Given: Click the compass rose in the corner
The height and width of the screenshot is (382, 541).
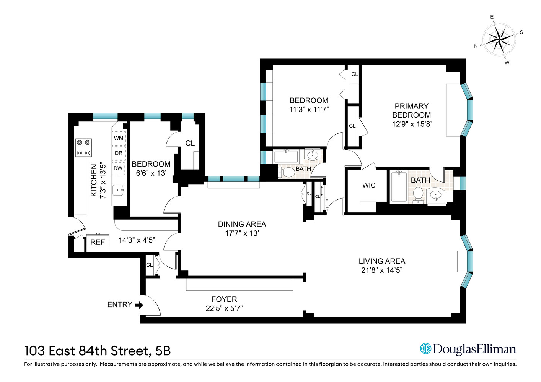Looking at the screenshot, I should [x=499, y=39].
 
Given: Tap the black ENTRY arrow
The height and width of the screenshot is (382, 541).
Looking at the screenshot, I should [x=139, y=305].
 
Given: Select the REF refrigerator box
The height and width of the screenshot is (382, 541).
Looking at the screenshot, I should [x=98, y=243].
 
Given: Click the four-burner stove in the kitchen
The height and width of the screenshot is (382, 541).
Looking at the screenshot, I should [x=83, y=147].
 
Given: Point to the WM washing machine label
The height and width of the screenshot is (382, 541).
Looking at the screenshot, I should [x=119, y=138].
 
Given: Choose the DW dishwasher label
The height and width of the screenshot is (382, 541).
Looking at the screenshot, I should [x=118, y=168].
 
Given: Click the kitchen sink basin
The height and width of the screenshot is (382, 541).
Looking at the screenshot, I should [x=118, y=190].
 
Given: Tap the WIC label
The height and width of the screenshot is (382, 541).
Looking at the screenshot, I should [x=369, y=185].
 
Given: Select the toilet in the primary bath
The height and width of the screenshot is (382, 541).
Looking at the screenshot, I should [x=418, y=194].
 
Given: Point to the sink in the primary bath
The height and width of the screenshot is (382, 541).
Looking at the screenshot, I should [x=435, y=196].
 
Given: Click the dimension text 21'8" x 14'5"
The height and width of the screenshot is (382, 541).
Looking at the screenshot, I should [x=382, y=270].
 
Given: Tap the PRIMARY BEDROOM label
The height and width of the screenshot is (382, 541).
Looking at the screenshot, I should [x=411, y=110].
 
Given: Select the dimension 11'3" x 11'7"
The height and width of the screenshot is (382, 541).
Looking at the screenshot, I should [x=309, y=110].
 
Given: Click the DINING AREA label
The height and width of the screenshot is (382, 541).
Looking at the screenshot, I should [x=242, y=224].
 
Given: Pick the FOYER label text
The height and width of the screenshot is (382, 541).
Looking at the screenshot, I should [x=224, y=299].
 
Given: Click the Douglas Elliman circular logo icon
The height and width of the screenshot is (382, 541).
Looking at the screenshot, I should [x=425, y=349].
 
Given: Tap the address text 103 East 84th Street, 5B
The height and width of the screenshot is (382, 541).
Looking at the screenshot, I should [x=98, y=351].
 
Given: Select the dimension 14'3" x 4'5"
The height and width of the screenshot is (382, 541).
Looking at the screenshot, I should [x=136, y=240].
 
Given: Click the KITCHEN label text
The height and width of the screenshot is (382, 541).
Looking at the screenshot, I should [x=94, y=180].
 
